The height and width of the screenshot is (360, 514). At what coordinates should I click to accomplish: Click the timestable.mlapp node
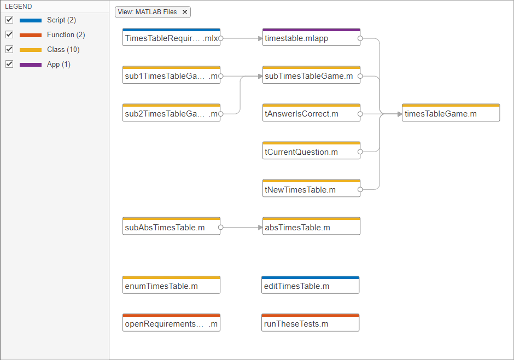coord(311,37)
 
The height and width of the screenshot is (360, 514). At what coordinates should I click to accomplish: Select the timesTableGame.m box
coord(451,113)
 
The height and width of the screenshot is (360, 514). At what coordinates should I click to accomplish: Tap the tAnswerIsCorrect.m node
coord(311,113)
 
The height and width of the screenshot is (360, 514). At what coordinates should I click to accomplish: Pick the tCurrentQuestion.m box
coord(311,150)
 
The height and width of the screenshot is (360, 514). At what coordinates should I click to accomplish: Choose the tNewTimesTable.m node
coord(311,188)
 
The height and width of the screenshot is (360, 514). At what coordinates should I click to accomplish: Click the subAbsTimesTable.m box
coord(171,226)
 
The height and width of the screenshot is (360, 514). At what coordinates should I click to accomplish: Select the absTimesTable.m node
coord(311,226)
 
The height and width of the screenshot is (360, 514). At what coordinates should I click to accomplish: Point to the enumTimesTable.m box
coord(171,285)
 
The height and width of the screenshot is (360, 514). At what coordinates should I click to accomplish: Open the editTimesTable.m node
coord(310,285)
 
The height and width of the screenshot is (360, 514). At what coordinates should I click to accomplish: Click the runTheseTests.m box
coord(310,323)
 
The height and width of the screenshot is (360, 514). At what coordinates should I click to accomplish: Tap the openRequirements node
coord(171,323)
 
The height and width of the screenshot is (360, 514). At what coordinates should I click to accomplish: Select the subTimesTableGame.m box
coord(311,75)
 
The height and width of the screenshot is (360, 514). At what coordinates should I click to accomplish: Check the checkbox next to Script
coord(9,20)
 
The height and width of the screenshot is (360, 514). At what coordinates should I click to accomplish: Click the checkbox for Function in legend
coord(9,34)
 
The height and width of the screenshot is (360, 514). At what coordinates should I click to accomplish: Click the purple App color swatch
coord(31,65)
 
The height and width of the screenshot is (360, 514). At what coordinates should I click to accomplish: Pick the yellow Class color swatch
coord(31,50)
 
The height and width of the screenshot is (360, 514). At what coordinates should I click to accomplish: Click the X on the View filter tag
coord(185,12)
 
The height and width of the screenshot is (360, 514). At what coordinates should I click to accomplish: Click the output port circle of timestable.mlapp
coord(360,38)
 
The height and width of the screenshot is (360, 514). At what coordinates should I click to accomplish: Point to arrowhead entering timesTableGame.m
coord(400,114)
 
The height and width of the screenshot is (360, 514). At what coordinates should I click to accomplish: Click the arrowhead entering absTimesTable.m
coord(260,227)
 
